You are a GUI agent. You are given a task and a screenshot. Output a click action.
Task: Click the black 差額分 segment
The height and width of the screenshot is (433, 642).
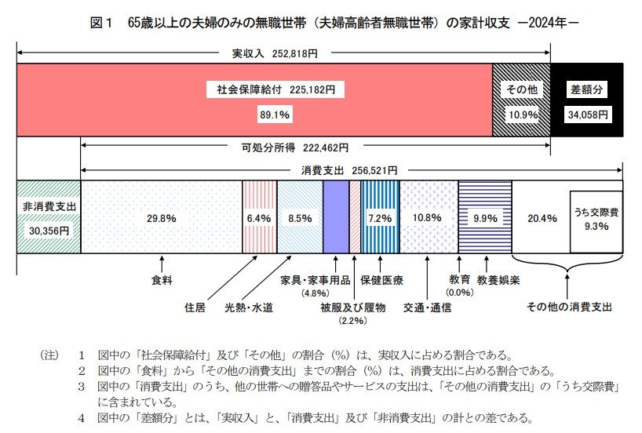[586, 100]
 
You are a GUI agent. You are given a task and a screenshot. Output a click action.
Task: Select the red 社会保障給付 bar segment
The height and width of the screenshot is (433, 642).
[255, 100]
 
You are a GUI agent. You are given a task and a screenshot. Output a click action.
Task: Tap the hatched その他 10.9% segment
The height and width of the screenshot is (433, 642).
[521, 100]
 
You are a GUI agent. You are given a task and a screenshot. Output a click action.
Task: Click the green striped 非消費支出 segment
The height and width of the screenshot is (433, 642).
[49, 216]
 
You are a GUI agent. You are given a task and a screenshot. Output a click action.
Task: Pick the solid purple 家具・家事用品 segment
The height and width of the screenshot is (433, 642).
[335, 216]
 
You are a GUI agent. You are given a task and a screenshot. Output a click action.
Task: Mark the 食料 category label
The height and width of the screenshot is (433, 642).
[162, 278]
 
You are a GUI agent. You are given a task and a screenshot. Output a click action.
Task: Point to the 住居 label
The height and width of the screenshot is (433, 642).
[195, 307]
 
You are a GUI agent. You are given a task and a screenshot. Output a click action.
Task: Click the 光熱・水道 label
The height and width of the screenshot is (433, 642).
[249, 307]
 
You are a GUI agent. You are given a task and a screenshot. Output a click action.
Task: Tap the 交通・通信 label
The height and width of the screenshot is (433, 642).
[427, 307]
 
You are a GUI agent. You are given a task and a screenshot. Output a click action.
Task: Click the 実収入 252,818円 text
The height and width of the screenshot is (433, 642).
[275, 55]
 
